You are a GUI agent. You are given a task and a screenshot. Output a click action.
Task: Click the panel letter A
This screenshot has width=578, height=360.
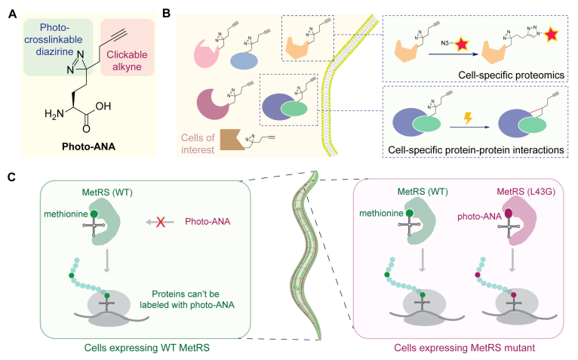tap(11, 11)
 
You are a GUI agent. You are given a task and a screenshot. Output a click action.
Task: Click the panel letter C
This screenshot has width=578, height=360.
tap(11, 176)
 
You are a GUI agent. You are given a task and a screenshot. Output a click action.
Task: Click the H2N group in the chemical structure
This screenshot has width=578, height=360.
tap(51, 114)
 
